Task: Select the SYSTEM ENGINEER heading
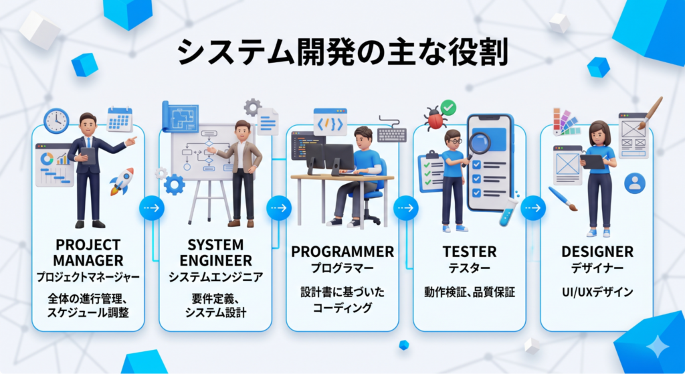[x=215, y=252]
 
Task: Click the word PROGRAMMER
[x=342, y=252]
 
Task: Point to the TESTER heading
[x=469, y=252]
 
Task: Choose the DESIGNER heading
[x=597, y=252]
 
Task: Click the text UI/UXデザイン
[x=597, y=292]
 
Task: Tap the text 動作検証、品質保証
[x=469, y=292]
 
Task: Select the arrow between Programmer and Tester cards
[x=405, y=208]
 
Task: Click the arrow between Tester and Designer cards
[x=532, y=208]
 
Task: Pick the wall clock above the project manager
[x=56, y=120]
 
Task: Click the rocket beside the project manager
[x=121, y=181]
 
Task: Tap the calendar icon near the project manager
[x=120, y=119]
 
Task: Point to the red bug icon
[x=433, y=119]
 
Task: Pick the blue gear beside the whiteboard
[x=174, y=184]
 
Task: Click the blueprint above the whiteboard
[x=180, y=116]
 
